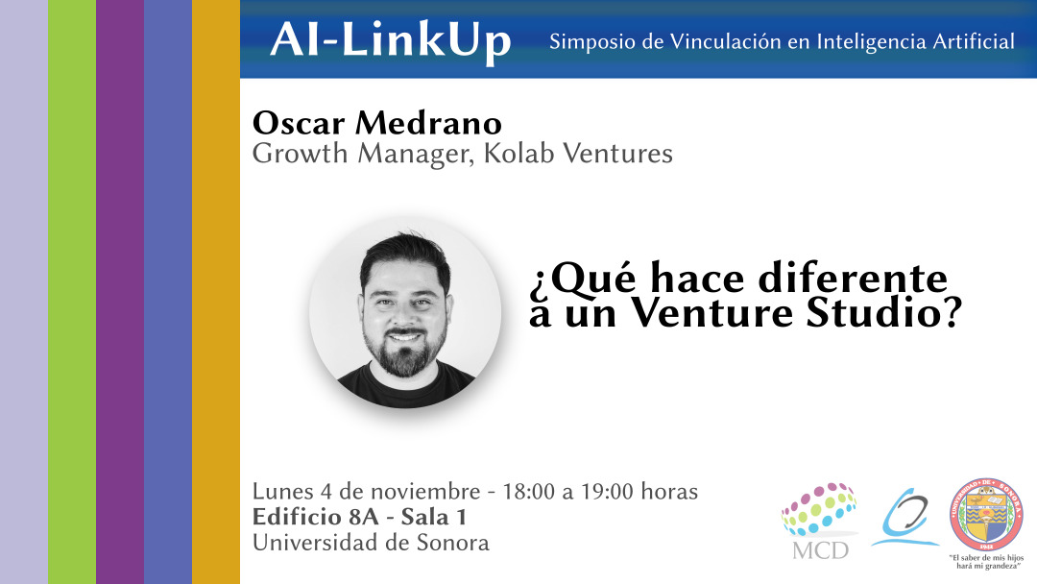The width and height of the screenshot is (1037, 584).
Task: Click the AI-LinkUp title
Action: point(391,40)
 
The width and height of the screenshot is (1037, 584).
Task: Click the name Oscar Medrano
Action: point(377,123)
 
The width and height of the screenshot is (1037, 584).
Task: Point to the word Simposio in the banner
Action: point(586,42)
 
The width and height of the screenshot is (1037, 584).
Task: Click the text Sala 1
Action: point(433,518)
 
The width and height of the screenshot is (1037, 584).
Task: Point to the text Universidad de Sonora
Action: point(371,543)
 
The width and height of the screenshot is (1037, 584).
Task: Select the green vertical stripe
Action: point(72,292)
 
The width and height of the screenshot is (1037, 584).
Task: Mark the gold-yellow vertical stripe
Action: point(216,292)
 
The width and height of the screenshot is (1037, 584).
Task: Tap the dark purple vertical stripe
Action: point(120,292)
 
